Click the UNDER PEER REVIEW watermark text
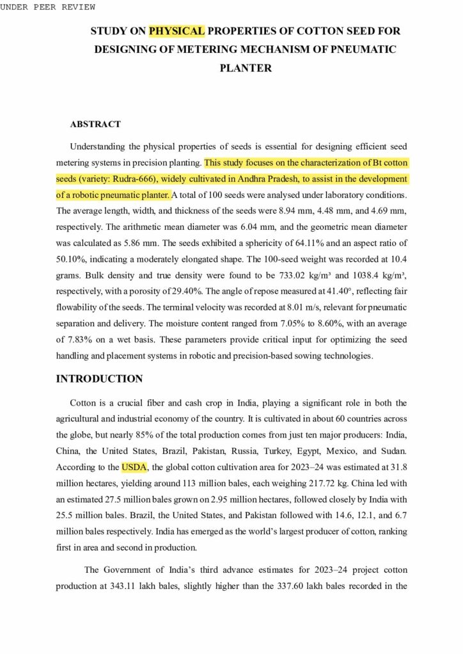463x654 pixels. (x=48, y=7)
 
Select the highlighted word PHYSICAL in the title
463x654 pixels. (x=177, y=31)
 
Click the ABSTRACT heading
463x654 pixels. (x=95, y=124)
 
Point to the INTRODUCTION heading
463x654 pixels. (x=99, y=379)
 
